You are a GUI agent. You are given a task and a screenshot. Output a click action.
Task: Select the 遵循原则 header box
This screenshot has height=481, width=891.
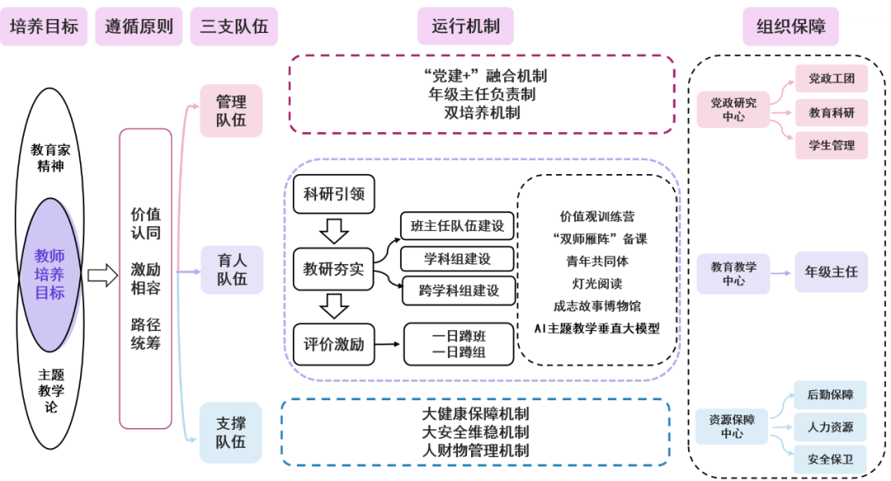[139, 26]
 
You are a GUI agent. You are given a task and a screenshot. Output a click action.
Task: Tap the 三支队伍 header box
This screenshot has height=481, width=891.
[233, 26]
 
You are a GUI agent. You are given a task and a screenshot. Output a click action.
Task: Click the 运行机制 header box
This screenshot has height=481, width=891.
[465, 26]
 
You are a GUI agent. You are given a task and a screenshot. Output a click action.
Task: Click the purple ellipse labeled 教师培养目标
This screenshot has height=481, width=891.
[49, 275]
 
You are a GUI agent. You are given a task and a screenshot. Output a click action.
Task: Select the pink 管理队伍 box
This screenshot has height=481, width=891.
[231, 111]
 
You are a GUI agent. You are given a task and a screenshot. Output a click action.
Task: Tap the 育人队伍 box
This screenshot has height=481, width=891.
[232, 269]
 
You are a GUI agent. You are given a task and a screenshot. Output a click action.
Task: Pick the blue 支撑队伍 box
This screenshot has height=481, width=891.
[231, 432]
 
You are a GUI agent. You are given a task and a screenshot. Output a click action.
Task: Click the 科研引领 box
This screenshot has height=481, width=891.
[333, 196]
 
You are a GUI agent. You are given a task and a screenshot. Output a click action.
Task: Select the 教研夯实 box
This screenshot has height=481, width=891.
[333, 269]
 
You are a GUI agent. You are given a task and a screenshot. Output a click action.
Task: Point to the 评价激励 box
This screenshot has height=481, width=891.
[333, 343]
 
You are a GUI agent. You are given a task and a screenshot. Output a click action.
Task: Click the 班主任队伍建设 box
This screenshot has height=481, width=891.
[457, 226]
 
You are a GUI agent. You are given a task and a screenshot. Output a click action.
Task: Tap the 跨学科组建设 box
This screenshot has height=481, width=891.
[457, 290]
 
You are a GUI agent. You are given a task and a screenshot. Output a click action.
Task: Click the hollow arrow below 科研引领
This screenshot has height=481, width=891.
[333, 231]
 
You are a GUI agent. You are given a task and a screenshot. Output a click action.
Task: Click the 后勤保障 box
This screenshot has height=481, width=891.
[830, 395]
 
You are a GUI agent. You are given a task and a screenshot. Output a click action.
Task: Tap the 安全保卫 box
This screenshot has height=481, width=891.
[830, 460]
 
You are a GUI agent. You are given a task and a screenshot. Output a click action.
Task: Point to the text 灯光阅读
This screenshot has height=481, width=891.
[597, 283]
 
